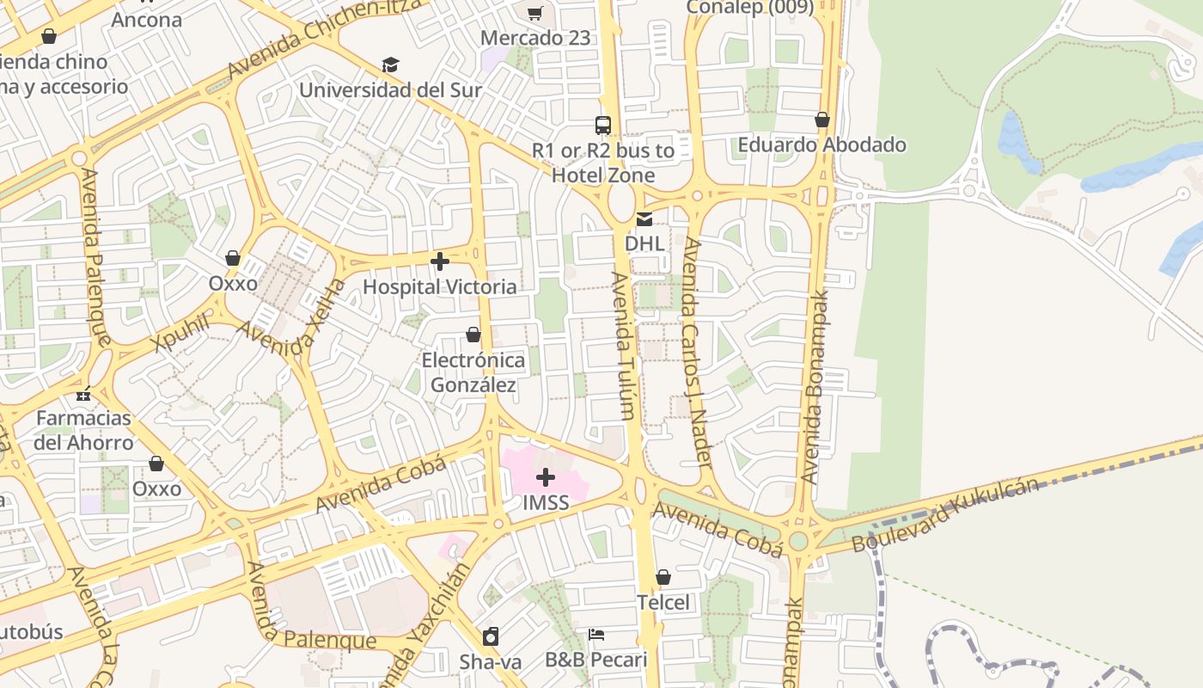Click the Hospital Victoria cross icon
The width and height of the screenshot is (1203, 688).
(x=440, y=261)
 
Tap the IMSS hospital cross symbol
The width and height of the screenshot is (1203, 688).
(x=546, y=477)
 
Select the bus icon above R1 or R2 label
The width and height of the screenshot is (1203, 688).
(x=603, y=126)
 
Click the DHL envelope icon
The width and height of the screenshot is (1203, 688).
(x=644, y=219)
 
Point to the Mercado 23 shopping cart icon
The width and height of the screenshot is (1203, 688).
(x=535, y=13)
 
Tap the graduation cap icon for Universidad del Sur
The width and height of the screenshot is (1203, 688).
(x=391, y=65)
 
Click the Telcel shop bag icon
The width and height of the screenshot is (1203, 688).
(x=663, y=577)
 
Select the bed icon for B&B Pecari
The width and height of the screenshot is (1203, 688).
(x=596, y=636)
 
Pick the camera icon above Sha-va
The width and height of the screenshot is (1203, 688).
(x=491, y=636)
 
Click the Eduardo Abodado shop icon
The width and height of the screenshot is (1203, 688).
(x=822, y=120)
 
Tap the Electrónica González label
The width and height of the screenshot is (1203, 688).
(x=473, y=372)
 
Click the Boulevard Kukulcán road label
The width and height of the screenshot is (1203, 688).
(x=945, y=515)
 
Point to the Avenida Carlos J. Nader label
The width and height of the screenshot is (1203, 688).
(x=698, y=353)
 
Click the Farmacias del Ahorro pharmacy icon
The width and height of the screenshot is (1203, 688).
(x=83, y=395)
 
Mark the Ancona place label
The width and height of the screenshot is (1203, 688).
(x=147, y=20)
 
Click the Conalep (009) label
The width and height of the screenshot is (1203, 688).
(x=749, y=8)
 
